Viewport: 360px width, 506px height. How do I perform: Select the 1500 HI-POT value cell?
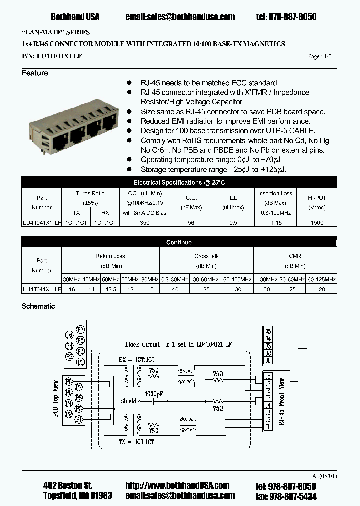point(317,223)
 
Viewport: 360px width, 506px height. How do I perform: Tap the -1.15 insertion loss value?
point(275,223)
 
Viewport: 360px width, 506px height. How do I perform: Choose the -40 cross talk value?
point(174,289)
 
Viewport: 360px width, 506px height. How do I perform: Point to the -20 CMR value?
point(322,289)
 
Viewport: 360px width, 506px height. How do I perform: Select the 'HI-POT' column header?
point(317,198)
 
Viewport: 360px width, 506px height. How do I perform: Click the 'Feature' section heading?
point(35,73)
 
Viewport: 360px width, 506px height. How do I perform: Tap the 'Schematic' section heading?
point(38,306)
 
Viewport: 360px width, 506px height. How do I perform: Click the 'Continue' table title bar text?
point(179,242)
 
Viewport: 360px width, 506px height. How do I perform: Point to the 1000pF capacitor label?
point(153,394)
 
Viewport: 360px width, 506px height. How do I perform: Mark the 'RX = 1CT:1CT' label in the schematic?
point(136,360)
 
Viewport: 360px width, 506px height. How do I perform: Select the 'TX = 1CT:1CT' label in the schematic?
point(136,442)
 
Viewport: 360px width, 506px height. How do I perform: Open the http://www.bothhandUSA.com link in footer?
point(177,485)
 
